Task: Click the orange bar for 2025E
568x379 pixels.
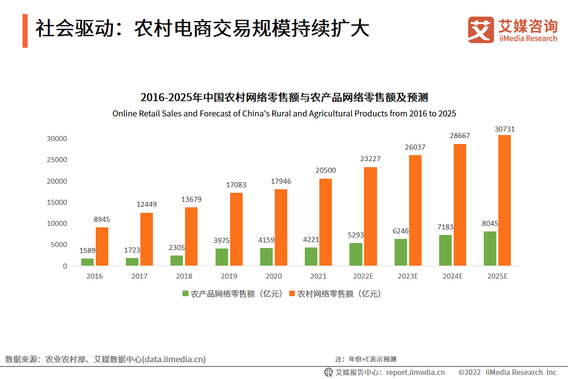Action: click(x=504, y=200)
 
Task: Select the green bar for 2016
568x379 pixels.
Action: click(x=87, y=262)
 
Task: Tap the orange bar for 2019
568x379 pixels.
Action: click(x=236, y=229)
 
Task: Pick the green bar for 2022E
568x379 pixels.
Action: click(x=355, y=255)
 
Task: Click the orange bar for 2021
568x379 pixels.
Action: click(x=325, y=222)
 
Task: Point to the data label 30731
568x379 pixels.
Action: click(x=504, y=129)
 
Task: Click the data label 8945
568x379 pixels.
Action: click(x=102, y=219)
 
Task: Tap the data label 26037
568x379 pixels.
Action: click(x=415, y=147)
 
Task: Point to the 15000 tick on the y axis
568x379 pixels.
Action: click(x=57, y=202)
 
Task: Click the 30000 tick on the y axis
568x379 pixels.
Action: click(x=57, y=139)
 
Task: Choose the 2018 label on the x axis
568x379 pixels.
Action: click(x=184, y=276)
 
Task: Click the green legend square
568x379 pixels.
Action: click(x=185, y=294)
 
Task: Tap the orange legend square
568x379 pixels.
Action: click(x=292, y=294)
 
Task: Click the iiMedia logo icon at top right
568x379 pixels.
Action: click(x=481, y=30)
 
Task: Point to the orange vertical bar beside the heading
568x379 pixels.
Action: click(x=25, y=31)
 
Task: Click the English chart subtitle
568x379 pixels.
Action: click(x=284, y=113)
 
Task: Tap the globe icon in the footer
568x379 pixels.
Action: click(x=329, y=372)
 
